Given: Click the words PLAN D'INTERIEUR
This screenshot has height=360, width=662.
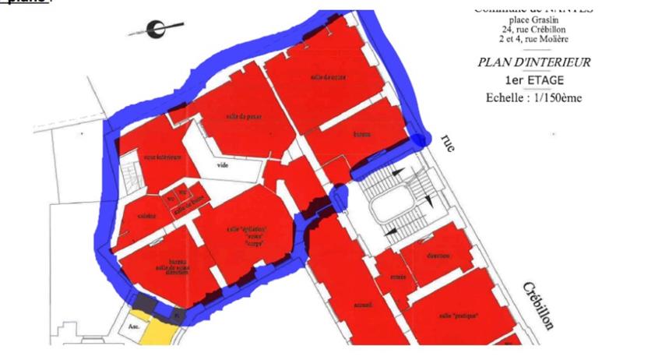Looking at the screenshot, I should tap(534, 62).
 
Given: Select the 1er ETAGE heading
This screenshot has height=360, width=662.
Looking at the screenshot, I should tap(534, 80).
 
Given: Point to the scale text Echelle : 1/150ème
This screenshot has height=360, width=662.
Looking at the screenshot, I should tap(534, 98).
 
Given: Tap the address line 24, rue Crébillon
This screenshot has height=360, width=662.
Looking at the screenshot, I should tap(534, 30).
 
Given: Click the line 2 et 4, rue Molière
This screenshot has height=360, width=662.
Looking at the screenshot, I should tap(534, 39).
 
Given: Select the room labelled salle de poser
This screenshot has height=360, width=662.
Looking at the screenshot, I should tap(223, 116).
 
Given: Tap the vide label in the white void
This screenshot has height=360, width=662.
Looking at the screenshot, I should tap(223, 165).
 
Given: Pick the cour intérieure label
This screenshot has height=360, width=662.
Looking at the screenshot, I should tap(162, 157).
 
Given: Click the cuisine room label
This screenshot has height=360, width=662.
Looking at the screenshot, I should tap(146, 216).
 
